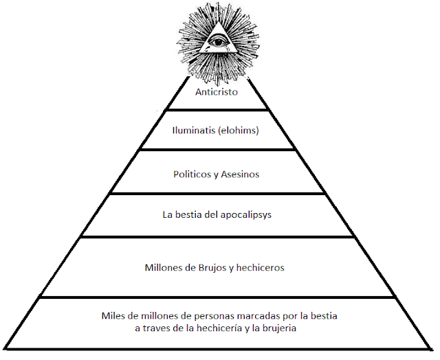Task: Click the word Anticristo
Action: tap(217, 91)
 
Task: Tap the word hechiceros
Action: tap(261, 267)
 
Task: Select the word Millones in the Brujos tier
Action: tap(165, 267)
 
